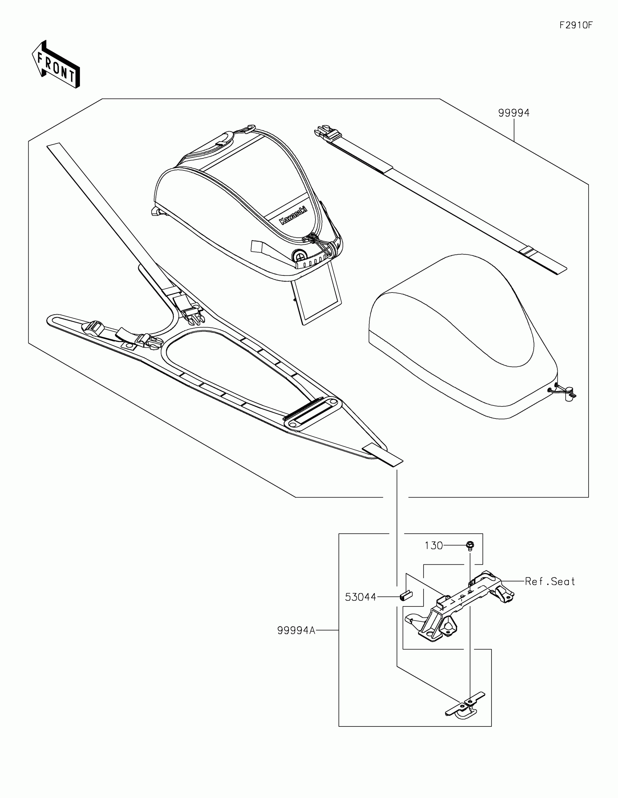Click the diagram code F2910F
576,25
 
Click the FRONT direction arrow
56,65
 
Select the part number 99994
513,113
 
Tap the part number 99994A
296,630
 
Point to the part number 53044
360,597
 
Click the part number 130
434,545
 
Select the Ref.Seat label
549,581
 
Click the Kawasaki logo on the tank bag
293,215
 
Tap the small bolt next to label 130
470,546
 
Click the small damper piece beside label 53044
406,596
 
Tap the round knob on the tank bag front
300,254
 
